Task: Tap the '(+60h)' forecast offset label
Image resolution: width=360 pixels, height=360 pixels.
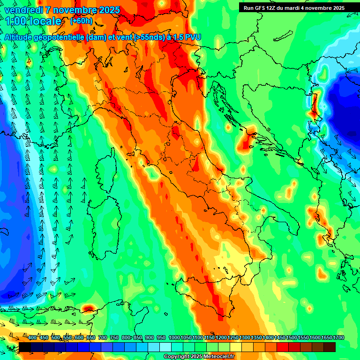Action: [x=81, y=21]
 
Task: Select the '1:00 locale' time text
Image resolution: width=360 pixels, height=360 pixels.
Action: [x=33, y=22]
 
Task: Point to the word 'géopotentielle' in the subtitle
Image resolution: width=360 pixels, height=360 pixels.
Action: [x=57, y=37]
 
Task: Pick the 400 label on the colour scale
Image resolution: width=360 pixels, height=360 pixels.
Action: [x=32, y=338]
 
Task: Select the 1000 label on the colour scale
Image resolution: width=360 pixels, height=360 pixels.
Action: [x=174, y=338]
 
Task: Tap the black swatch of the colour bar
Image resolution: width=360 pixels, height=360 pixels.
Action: [x=25, y=347]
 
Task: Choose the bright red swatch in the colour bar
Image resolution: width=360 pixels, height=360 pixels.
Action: [x=283, y=347]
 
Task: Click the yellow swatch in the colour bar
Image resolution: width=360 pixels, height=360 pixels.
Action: [x=236, y=347]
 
